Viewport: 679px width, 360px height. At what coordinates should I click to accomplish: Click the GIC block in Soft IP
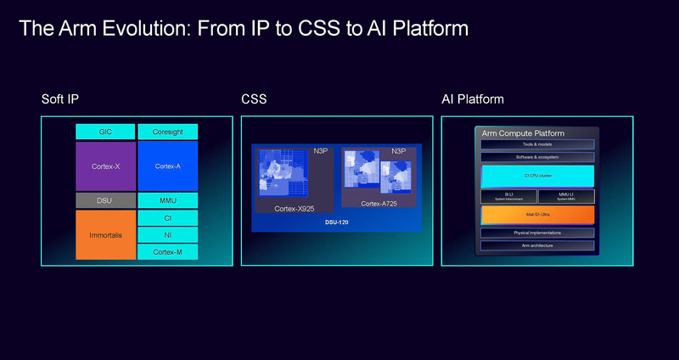pos(105,132)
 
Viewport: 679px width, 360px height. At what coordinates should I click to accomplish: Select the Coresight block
pos(167,132)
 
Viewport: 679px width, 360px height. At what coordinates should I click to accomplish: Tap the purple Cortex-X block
pos(105,166)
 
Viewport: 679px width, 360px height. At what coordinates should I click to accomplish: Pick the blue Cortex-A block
pos(167,166)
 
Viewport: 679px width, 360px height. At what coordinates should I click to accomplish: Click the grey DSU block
pos(105,200)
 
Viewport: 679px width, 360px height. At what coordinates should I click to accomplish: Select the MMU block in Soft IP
pos(167,200)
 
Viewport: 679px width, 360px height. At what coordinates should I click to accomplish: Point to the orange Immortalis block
pos(105,234)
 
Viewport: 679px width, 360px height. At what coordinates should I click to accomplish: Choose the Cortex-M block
pos(167,251)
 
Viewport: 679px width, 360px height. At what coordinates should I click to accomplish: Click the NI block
pos(167,234)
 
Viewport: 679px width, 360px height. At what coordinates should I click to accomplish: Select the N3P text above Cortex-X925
pos(321,151)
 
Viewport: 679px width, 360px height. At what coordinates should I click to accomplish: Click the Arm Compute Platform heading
pos(524,134)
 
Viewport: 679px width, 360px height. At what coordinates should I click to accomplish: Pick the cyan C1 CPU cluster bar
pos(537,177)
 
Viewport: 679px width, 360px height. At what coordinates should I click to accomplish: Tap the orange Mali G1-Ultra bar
pos(537,216)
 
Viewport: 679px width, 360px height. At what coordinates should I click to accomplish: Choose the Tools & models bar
pos(537,145)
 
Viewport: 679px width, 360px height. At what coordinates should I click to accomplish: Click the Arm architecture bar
pos(537,245)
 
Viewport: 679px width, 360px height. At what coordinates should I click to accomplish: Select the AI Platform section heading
pos(473,99)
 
